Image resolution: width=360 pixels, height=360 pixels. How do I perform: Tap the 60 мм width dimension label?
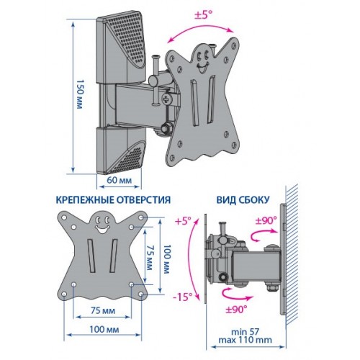tap(120, 180)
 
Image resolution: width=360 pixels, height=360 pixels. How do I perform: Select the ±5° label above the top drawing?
tap(203, 17)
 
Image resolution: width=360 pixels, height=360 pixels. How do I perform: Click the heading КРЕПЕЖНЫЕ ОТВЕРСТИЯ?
tap(113, 200)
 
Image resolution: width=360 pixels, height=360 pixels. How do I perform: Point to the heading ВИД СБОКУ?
tap(243, 200)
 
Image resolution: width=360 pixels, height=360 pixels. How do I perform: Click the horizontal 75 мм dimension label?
tap(103, 311)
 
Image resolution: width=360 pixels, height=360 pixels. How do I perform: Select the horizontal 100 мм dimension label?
tap(104, 329)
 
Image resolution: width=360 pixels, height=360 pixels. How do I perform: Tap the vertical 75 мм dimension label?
tap(149, 257)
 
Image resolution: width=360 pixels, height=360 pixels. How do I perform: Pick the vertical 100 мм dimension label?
tap(166, 259)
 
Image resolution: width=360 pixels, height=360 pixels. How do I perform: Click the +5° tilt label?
tap(183, 221)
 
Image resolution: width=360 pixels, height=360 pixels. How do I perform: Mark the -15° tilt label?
tap(183, 297)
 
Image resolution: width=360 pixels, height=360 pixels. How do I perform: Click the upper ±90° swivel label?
tap(266, 220)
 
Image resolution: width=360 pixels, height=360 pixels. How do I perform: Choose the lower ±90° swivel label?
tap(236, 310)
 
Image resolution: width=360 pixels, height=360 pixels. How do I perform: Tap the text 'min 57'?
tap(246, 332)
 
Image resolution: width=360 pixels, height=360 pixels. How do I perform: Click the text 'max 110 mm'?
tap(246, 340)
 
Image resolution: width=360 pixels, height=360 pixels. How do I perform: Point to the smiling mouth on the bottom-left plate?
tap(102, 229)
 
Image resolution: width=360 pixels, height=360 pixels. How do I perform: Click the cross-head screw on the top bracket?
tap(166, 99)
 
